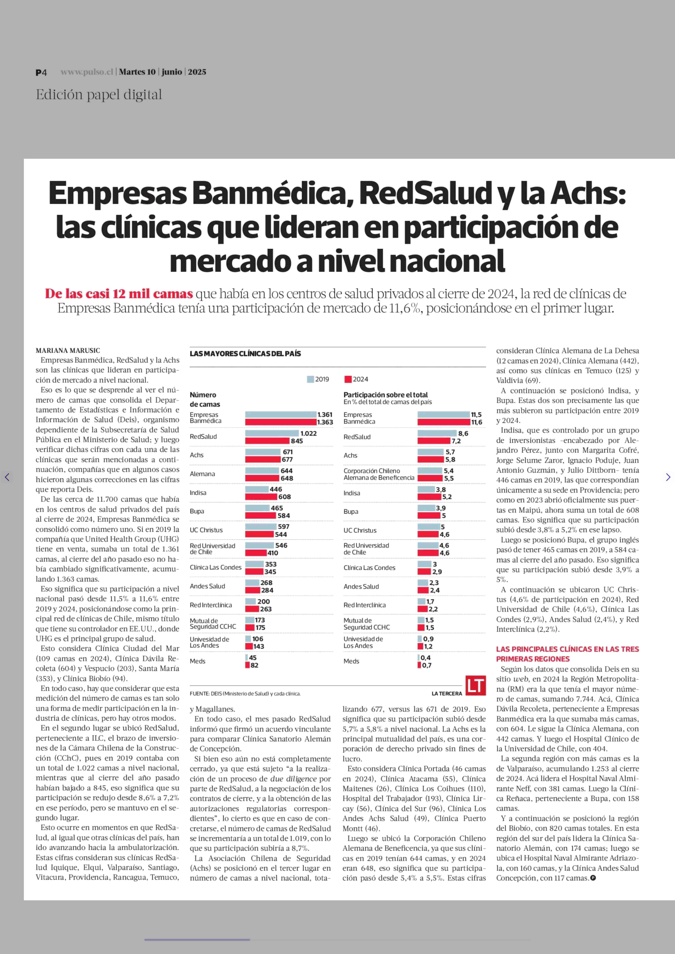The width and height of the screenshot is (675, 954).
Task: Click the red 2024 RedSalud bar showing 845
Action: pos(267,441)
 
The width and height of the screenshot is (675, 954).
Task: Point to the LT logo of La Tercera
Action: pos(475,685)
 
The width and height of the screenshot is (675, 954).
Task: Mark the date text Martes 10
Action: pos(137,72)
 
